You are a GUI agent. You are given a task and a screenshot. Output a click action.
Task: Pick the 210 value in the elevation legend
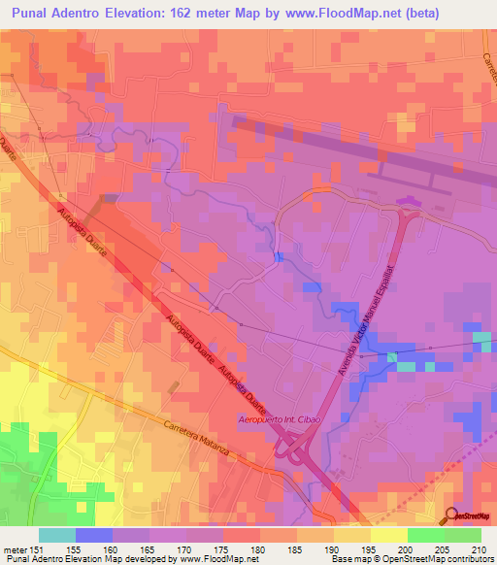(479, 548)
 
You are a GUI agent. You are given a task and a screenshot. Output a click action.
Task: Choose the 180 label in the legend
(257, 548)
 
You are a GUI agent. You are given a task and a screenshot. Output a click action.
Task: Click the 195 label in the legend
(368, 548)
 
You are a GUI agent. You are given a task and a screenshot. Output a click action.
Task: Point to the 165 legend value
(147, 548)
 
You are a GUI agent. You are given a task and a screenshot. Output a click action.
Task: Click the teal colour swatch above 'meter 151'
(57, 535)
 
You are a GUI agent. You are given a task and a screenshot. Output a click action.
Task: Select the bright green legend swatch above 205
(426, 535)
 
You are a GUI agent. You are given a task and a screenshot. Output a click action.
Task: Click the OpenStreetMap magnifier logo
(451, 515)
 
